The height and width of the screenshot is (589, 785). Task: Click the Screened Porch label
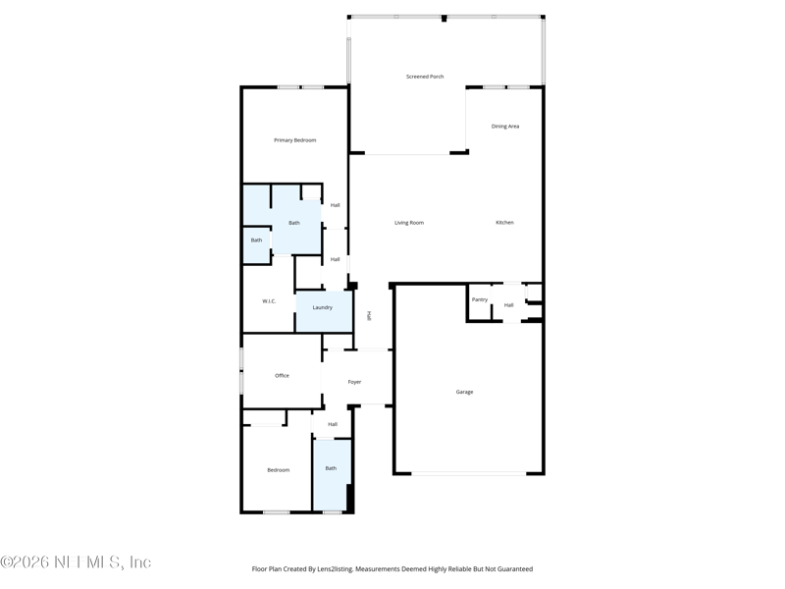(x=425, y=77)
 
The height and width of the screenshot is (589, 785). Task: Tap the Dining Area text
(x=505, y=127)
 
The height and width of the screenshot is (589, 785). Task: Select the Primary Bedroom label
(x=294, y=140)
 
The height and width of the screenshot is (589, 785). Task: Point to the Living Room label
(x=409, y=223)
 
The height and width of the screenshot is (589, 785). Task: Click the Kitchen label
(x=504, y=223)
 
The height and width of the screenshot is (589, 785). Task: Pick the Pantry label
(x=480, y=299)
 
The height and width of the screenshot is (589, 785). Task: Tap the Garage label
(x=464, y=392)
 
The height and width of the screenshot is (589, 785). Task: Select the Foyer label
(x=354, y=382)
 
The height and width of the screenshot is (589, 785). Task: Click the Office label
(x=282, y=376)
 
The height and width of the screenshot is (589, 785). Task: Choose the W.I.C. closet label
(x=269, y=301)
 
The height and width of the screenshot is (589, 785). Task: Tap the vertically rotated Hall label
(x=369, y=316)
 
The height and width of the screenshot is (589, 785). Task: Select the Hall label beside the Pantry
(x=508, y=305)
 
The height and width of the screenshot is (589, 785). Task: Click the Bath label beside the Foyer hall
(x=331, y=468)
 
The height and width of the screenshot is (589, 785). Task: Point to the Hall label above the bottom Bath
(x=333, y=424)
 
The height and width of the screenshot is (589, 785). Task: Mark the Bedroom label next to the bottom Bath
(x=279, y=470)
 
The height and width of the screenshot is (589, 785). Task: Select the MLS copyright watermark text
(x=76, y=562)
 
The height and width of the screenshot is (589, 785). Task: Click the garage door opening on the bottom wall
(x=468, y=474)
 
